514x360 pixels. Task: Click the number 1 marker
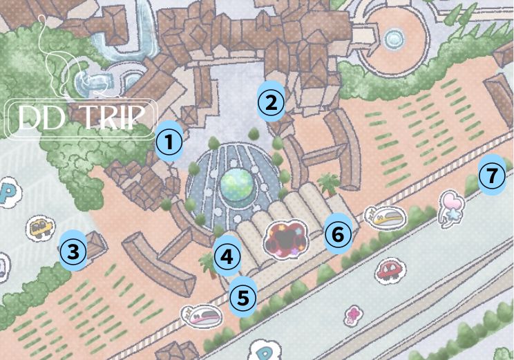tap(169, 143)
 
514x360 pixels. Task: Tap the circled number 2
tap(271, 103)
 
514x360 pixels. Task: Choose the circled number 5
tap(242, 299)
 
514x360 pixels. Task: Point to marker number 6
tap(338, 234)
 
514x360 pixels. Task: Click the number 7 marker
tap(491, 176)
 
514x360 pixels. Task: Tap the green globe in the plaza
tap(237, 184)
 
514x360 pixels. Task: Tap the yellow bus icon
tap(41, 226)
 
